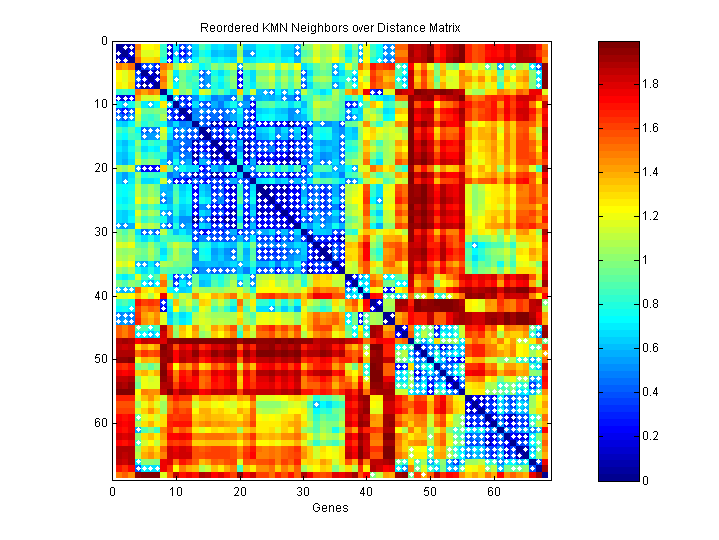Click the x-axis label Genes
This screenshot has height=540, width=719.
(x=331, y=509)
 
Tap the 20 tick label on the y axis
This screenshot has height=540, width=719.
(x=104, y=168)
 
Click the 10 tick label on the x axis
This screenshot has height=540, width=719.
(x=177, y=491)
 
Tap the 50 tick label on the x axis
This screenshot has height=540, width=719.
(x=430, y=491)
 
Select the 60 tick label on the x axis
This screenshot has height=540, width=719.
(x=494, y=491)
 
